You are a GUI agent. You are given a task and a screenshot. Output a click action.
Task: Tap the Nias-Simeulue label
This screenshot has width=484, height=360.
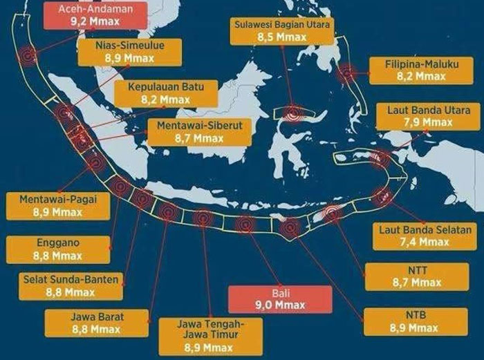click(137, 53)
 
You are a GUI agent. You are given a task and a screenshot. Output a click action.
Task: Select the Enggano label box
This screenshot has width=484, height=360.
click(58, 249)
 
